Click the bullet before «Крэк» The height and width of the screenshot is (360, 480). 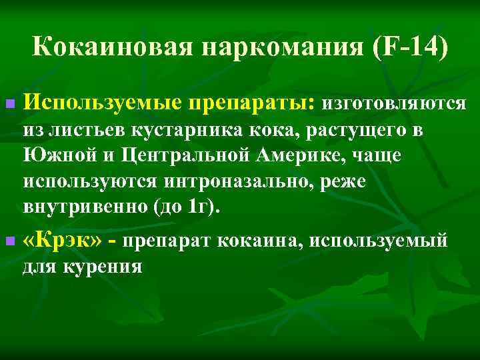click(9, 239)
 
